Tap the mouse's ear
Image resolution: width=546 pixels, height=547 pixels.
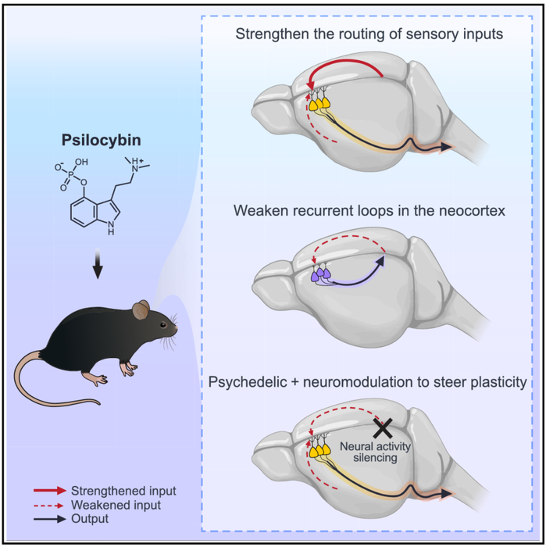(141, 311)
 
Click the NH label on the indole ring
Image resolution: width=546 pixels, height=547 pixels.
(111, 232)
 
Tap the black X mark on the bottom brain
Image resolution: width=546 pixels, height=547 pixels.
(383, 427)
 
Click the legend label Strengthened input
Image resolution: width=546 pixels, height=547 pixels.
(123, 491)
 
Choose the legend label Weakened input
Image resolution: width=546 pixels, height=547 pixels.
(115, 505)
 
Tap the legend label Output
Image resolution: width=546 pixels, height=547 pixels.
(89, 518)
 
